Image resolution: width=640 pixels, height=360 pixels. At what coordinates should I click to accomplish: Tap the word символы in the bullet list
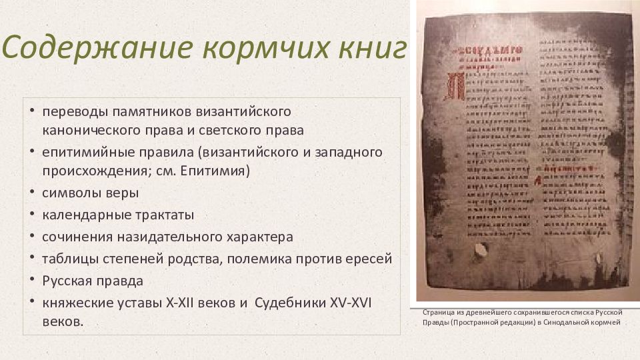(x=69, y=193)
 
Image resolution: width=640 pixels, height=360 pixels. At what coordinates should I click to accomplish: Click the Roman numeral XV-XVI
(x=351, y=303)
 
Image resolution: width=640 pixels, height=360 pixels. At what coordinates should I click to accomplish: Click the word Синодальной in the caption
(x=567, y=323)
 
